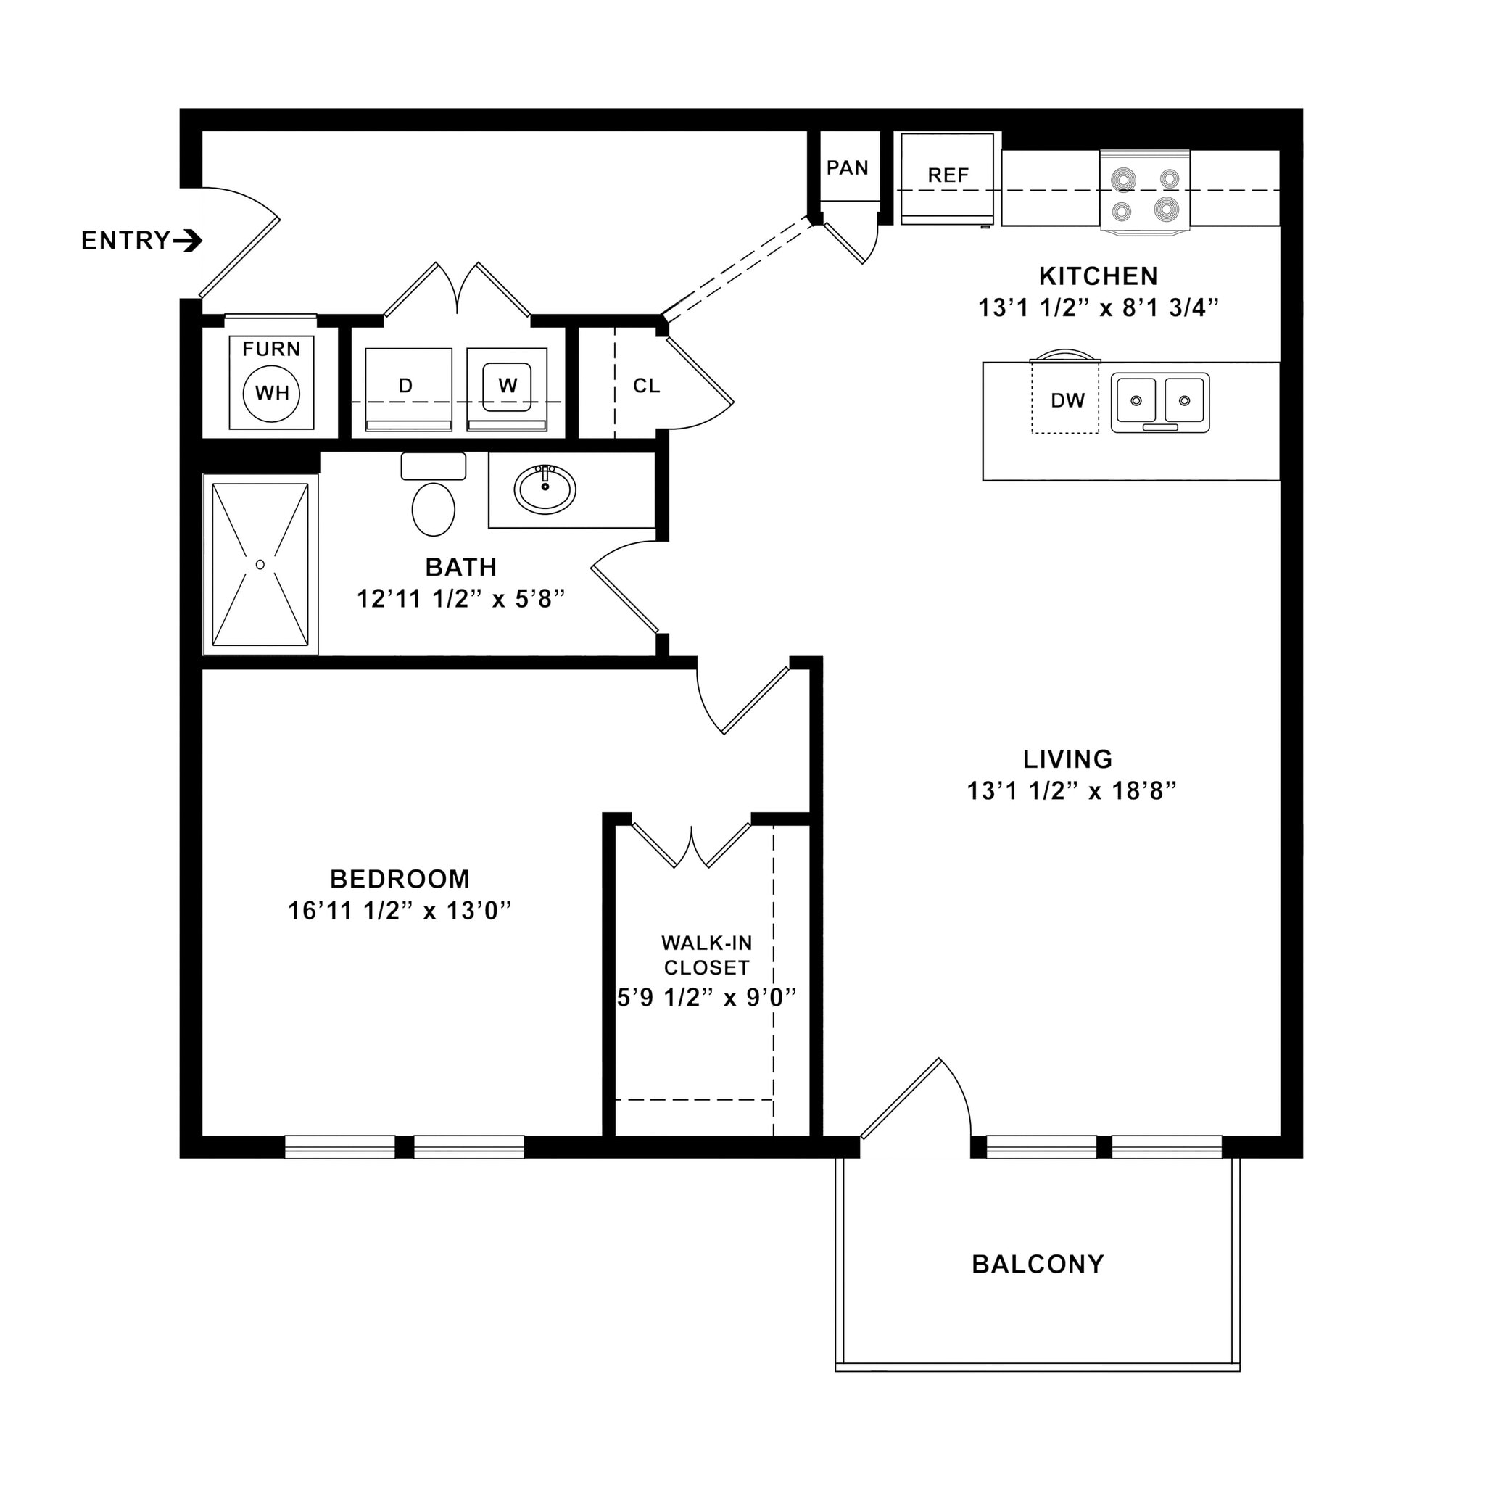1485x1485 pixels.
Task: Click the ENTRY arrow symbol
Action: point(188,241)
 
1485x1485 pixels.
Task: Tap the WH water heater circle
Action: point(271,394)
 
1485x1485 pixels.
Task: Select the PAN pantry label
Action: point(847,168)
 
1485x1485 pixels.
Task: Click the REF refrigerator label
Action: point(948,176)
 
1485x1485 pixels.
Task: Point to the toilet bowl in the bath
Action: point(434,509)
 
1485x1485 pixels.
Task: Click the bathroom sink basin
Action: point(545,489)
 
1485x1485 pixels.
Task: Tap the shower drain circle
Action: point(260,565)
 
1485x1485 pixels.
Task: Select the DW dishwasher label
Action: point(1067,400)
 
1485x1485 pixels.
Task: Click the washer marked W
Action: point(508,386)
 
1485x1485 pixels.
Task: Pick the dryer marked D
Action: point(406,386)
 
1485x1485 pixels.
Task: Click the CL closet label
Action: point(646,386)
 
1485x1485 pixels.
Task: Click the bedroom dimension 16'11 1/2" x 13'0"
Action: point(400,911)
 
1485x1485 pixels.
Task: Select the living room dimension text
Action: point(1072,791)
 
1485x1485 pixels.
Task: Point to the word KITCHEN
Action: point(1098,276)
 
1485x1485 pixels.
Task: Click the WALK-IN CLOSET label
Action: point(706,955)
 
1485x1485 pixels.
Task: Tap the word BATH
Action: point(461,567)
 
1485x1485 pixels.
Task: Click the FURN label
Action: point(271,349)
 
